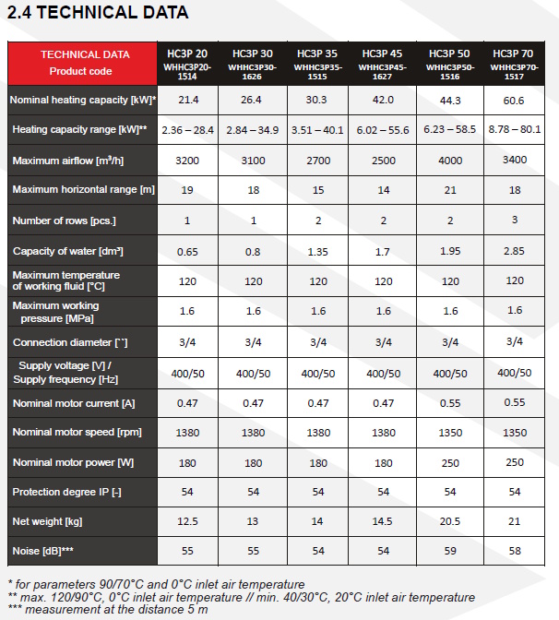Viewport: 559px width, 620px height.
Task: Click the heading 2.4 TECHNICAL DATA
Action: click(x=97, y=13)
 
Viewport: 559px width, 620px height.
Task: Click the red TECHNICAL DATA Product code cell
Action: click(x=80, y=62)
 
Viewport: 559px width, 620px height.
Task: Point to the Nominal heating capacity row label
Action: click(x=82, y=99)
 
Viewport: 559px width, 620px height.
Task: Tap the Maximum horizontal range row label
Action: click(x=81, y=190)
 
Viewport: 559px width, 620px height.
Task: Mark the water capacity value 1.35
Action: click(x=317, y=251)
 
